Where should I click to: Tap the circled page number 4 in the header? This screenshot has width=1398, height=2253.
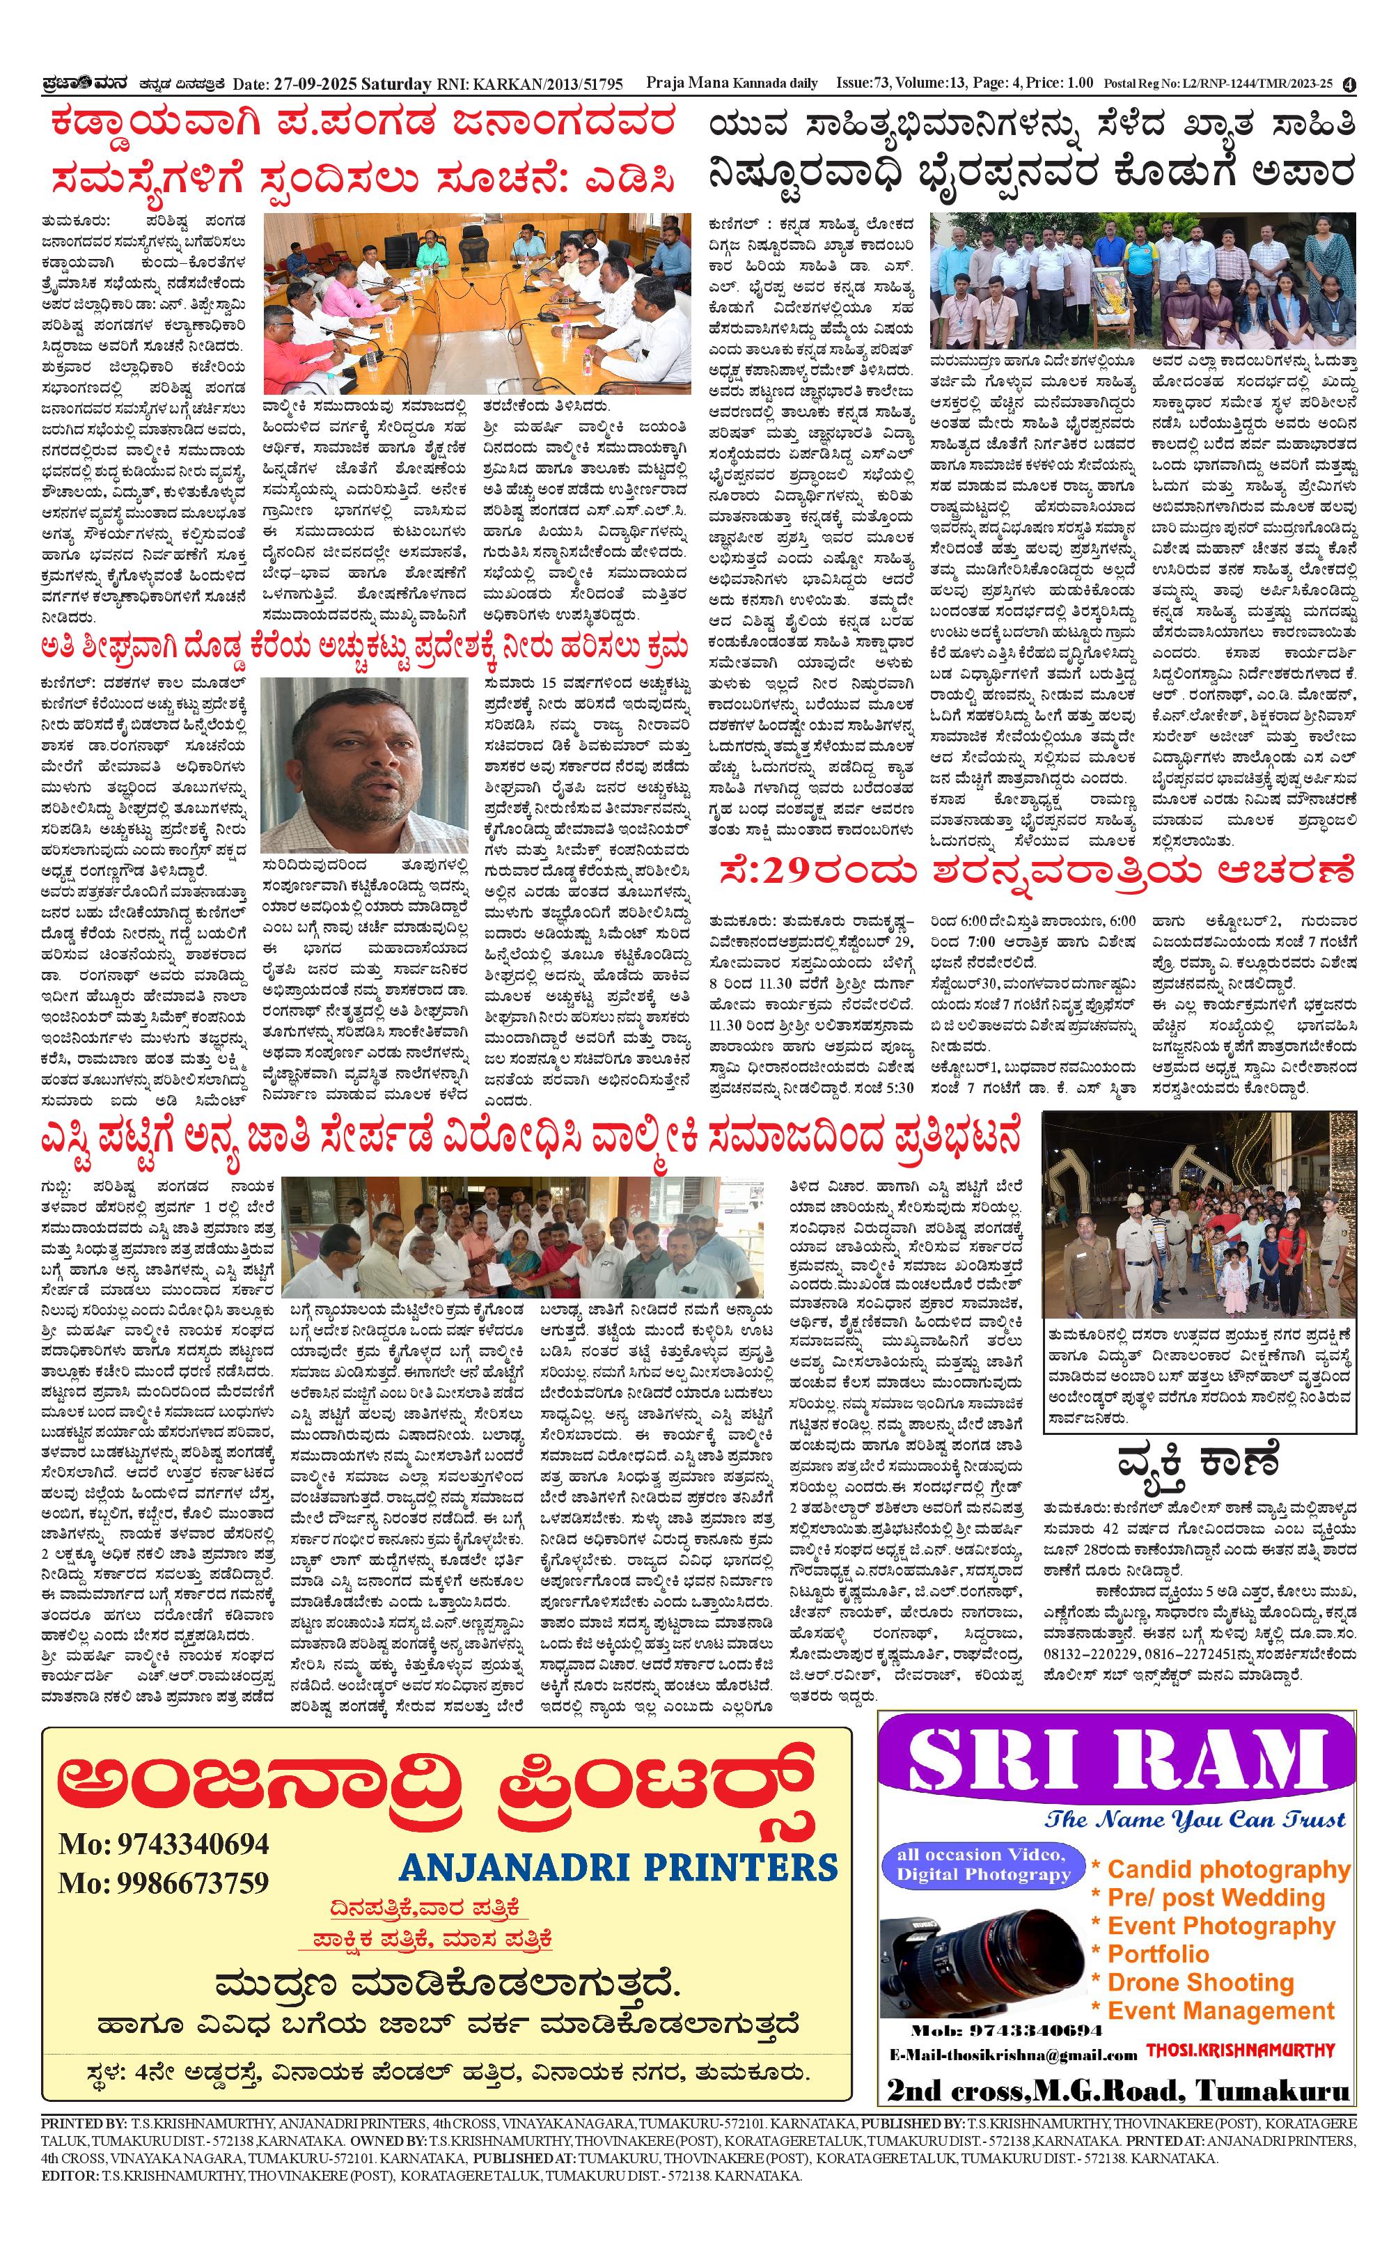click(x=1350, y=84)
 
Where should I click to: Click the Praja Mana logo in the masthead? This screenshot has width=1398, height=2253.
click(x=79, y=84)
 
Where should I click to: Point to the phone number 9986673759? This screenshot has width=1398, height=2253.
click(x=163, y=1883)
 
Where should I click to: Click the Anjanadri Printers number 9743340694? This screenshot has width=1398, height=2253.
click(x=163, y=1844)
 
